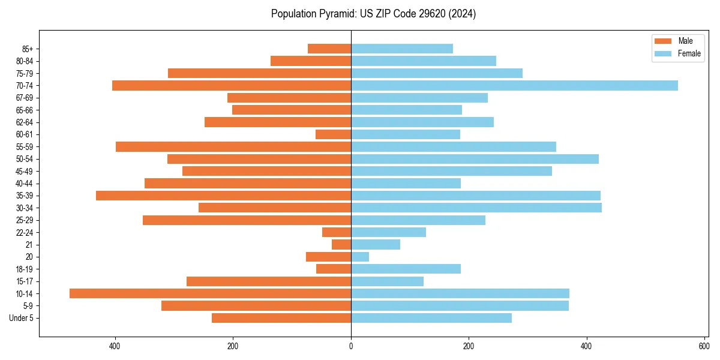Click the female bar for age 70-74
point(514,86)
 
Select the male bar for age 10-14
point(210,293)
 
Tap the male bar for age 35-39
point(223,196)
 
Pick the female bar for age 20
point(360,257)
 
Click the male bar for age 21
point(341,245)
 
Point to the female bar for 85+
point(402,49)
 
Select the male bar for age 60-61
point(333,134)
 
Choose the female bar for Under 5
point(431,318)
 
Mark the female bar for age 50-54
point(475,159)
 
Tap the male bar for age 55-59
point(233,147)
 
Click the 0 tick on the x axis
point(351,346)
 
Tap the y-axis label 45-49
point(24,171)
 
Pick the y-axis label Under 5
point(22,318)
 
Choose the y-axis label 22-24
point(24,233)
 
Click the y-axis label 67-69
point(24,98)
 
